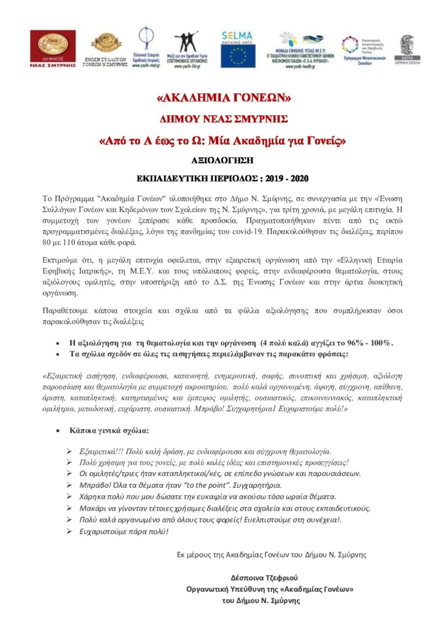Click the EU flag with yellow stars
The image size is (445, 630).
[237, 57]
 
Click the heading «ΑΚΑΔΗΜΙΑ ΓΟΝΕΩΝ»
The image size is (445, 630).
[222, 98]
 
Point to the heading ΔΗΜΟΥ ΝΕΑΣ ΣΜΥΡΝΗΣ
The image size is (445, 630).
[222, 119]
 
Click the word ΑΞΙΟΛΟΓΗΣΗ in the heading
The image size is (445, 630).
[223, 160]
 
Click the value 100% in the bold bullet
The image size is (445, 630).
[380, 343]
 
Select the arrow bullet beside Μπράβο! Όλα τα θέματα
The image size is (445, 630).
[69, 485]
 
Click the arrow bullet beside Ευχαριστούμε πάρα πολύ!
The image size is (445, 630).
[69, 530]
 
